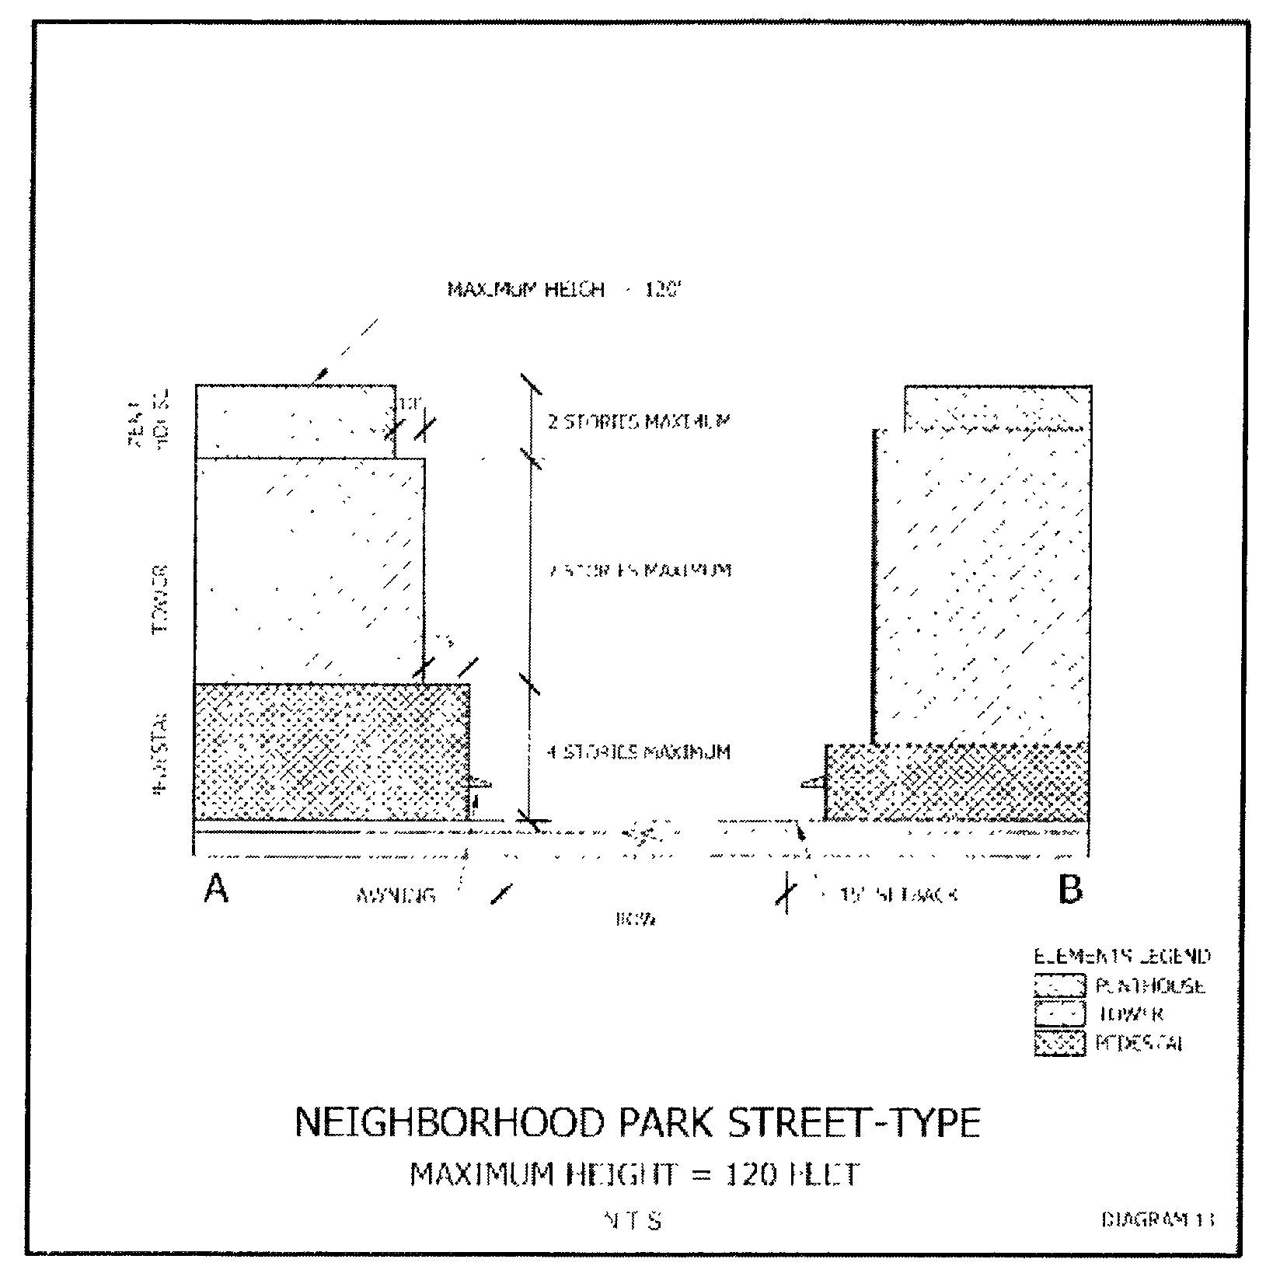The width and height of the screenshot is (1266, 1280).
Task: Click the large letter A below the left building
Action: click(x=216, y=888)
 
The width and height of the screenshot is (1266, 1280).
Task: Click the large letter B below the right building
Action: click(x=1070, y=889)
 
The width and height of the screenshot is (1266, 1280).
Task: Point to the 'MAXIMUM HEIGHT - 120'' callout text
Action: click(x=564, y=290)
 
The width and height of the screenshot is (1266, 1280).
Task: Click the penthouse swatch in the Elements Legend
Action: click(x=1058, y=985)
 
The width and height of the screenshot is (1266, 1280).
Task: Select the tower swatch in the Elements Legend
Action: click(x=1058, y=1013)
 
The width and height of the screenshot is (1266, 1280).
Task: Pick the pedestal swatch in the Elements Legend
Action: click(x=1058, y=1042)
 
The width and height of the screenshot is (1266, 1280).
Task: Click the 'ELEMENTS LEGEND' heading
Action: click(x=1121, y=955)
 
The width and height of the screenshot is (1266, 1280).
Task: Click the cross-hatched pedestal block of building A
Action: click(x=331, y=752)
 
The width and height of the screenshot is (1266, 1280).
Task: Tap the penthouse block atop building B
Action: click(x=996, y=408)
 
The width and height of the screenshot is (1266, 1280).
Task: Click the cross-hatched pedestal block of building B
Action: click(x=956, y=782)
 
